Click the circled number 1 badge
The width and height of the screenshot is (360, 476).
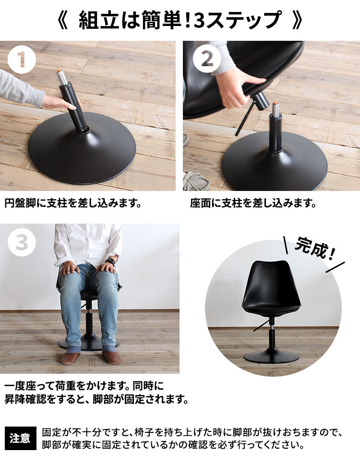click(22, 59)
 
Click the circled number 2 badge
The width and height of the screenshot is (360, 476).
click(207, 59)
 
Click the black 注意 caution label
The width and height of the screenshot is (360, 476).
click(20, 439)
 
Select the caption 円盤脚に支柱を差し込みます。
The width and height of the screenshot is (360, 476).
click(73, 203)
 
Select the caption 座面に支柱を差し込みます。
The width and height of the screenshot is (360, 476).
click(253, 203)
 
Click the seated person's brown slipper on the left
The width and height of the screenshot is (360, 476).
click(70, 357)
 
